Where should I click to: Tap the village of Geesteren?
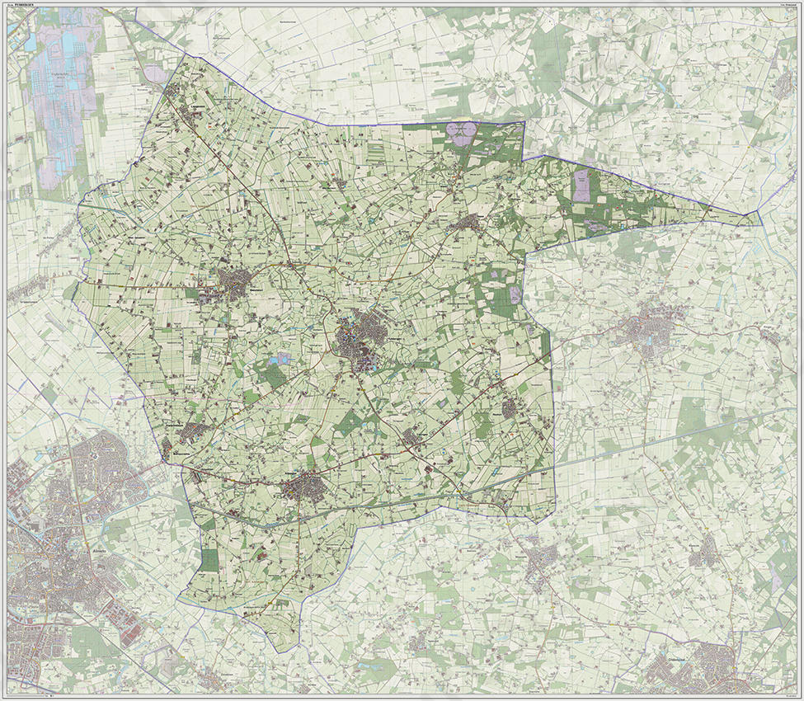[233, 283]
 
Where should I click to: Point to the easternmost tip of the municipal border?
[758, 215]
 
